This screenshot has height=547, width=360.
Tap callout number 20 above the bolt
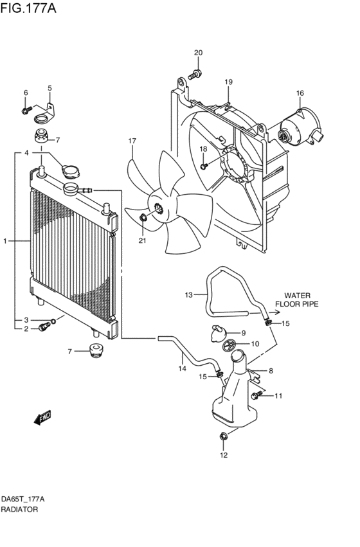(x=198, y=53)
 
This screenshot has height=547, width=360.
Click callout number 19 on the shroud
(x=228, y=82)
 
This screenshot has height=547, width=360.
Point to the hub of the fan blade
(x=156, y=208)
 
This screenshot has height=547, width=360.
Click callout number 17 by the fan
(x=132, y=141)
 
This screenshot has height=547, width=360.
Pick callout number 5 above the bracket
(x=50, y=88)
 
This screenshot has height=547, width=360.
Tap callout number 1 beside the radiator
(x=4, y=242)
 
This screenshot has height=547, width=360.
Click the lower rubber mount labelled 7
(x=94, y=350)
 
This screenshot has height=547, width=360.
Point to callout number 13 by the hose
(x=188, y=295)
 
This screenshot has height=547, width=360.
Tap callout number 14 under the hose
(x=182, y=369)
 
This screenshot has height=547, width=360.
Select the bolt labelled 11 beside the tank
(x=258, y=395)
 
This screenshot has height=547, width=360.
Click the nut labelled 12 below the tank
(x=223, y=438)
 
